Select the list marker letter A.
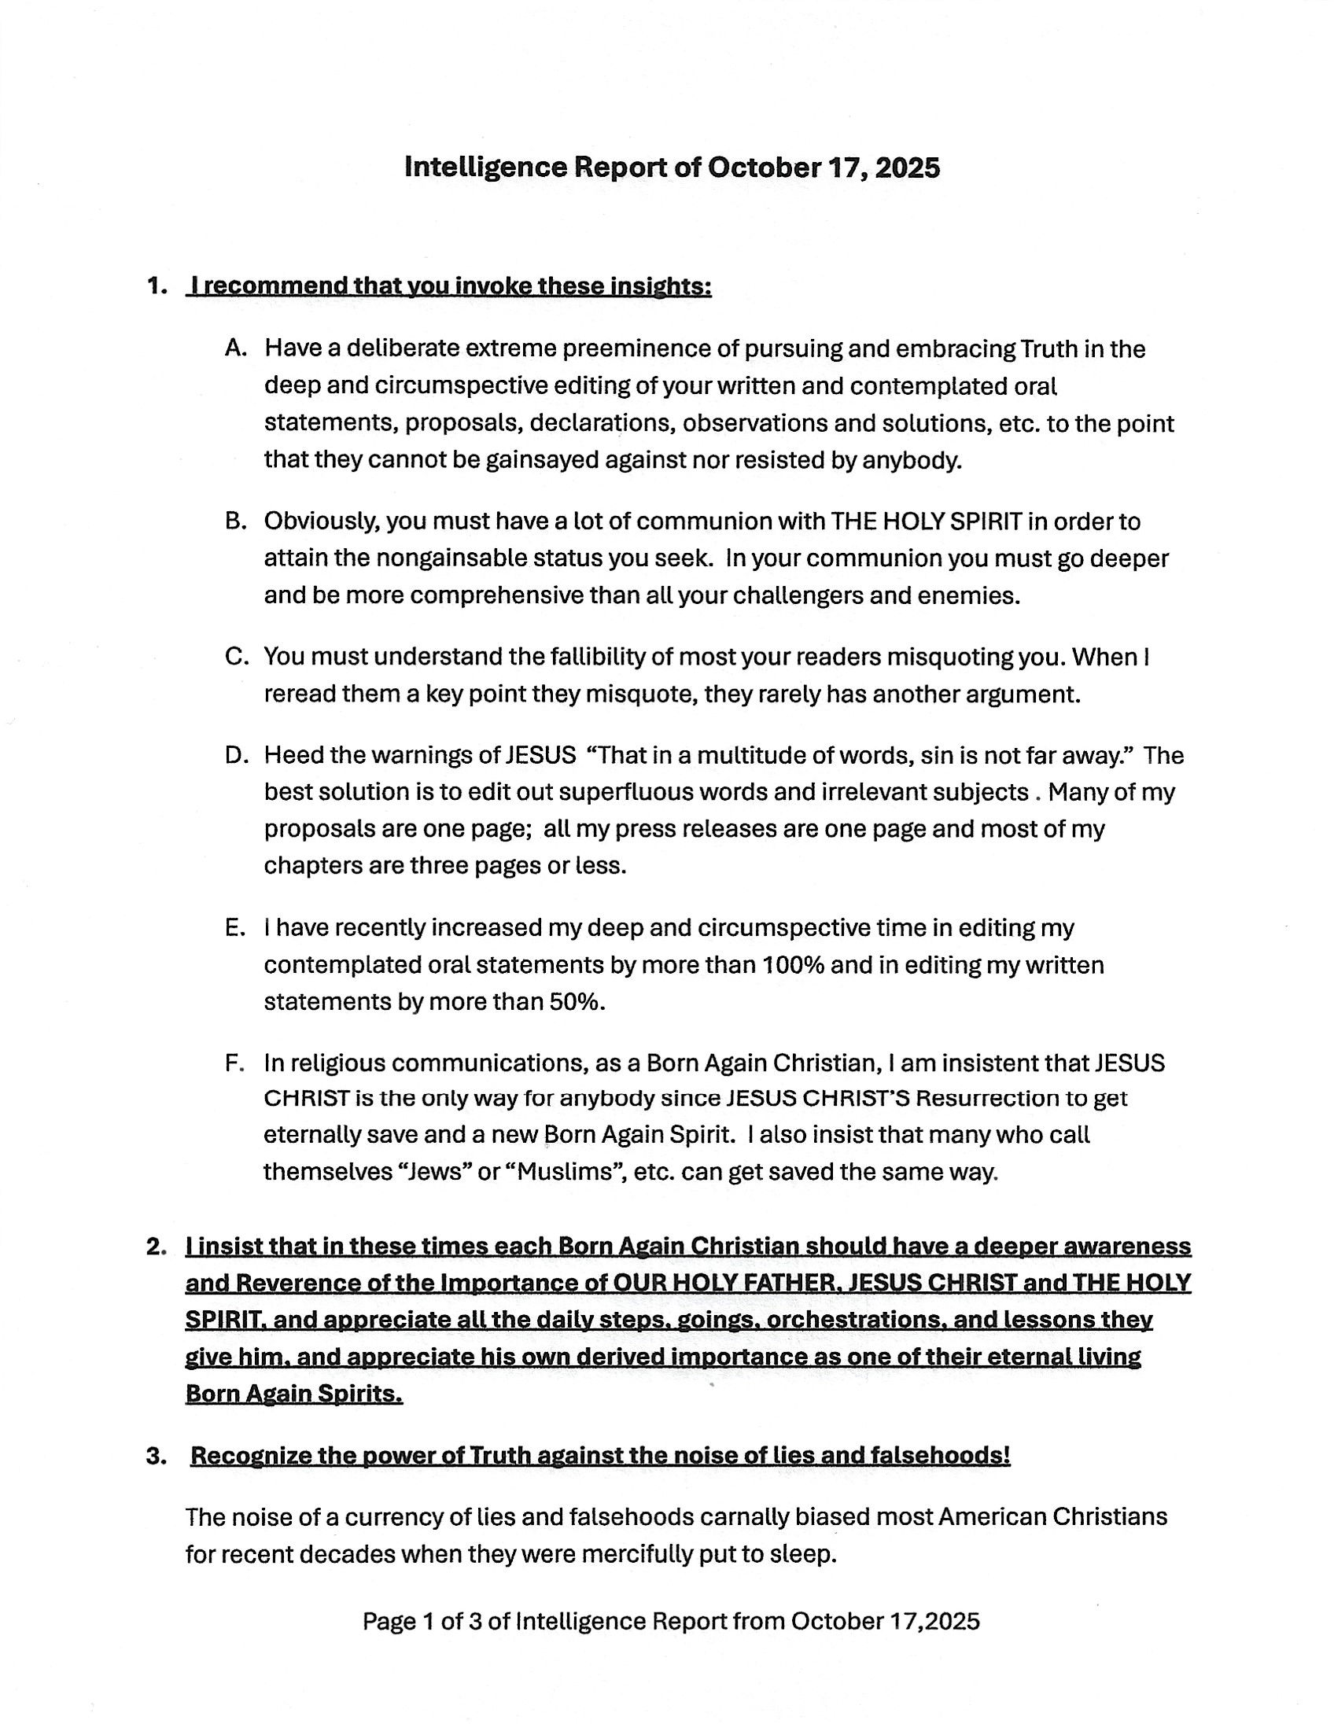click(234, 348)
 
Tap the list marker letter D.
click(235, 756)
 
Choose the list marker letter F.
click(234, 1063)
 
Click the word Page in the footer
click(389, 1622)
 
